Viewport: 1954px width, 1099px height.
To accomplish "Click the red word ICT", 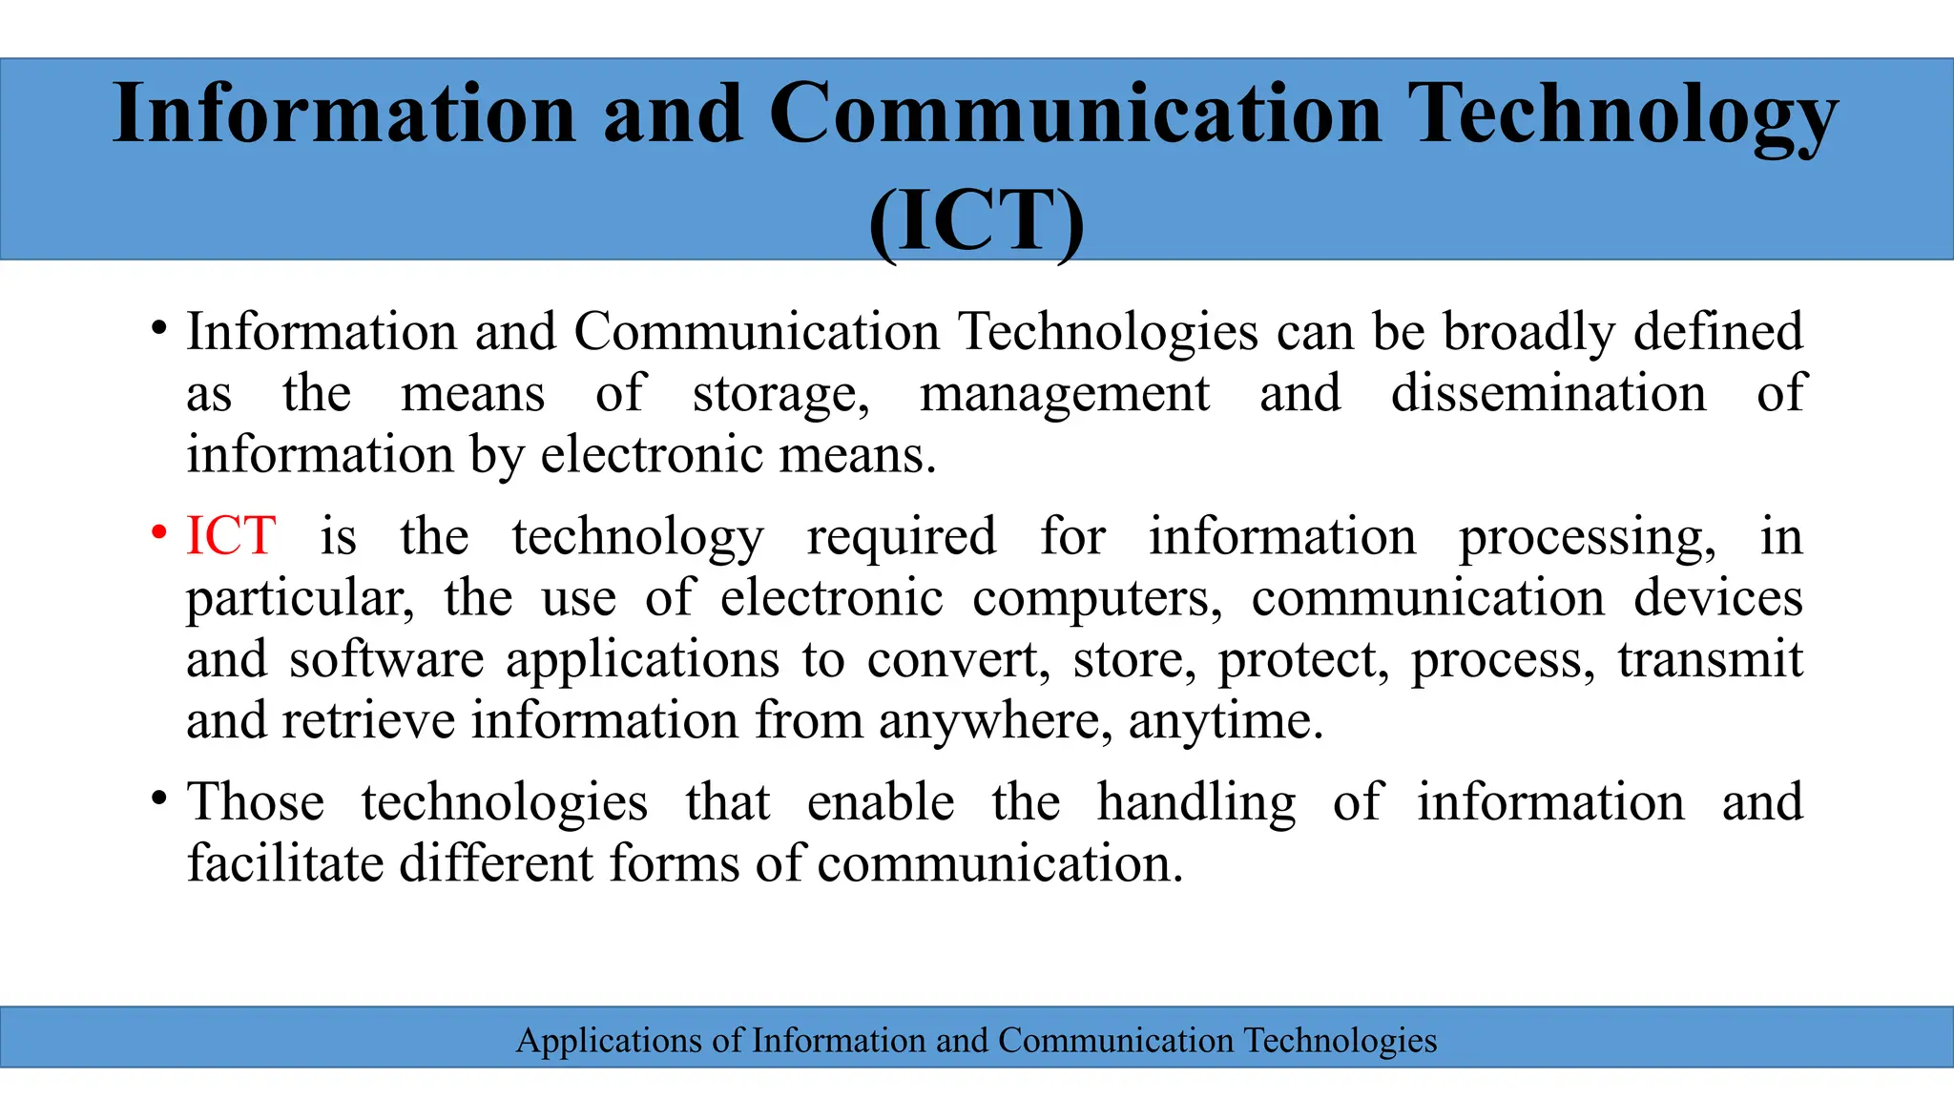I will click(x=231, y=536).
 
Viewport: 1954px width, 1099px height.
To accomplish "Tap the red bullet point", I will click(x=159, y=532).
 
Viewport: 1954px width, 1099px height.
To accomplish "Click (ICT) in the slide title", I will click(x=977, y=220).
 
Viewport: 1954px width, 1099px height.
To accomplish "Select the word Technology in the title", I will click(x=1622, y=114).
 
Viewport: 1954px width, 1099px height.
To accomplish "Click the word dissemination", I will click(x=1549, y=393).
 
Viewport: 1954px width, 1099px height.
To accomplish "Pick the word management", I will click(x=1064, y=395).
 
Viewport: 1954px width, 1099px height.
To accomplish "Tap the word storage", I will click(x=780, y=395).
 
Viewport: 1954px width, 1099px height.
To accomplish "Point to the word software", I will click(x=386, y=659).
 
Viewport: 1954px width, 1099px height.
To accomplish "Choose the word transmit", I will click(x=1710, y=659).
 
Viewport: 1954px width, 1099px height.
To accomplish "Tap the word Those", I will click(x=256, y=801).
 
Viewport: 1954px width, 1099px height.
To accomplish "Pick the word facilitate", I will click(x=285, y=863).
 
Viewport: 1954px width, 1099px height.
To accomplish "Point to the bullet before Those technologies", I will click(x=159, y=798).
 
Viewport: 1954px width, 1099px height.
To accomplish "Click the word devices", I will click(x=1718, y=598).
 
